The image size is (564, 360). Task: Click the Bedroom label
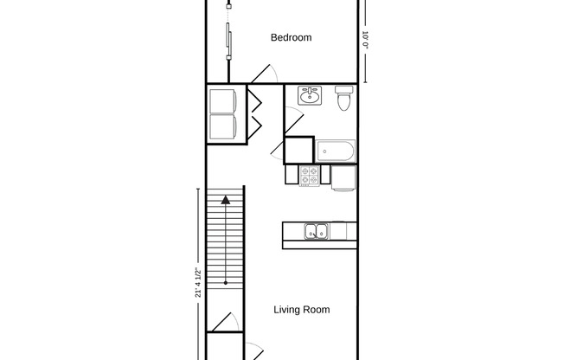click(x=291, y=37)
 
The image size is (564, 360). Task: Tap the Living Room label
click(x=301, y=309)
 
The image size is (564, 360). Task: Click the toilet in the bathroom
click(x=343, y=99)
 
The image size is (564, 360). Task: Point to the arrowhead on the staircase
click(x=225, y=201)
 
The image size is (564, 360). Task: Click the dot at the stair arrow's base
click(x=225, y=282)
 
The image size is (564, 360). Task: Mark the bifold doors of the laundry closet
click(x=255, y=111)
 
